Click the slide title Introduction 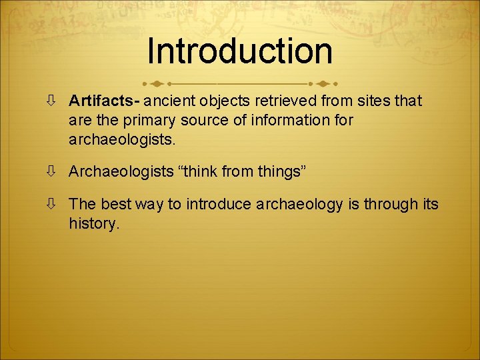pos(240,51)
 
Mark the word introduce pos(219,203)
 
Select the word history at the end pos(93,223)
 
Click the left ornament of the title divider pos(159,84)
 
